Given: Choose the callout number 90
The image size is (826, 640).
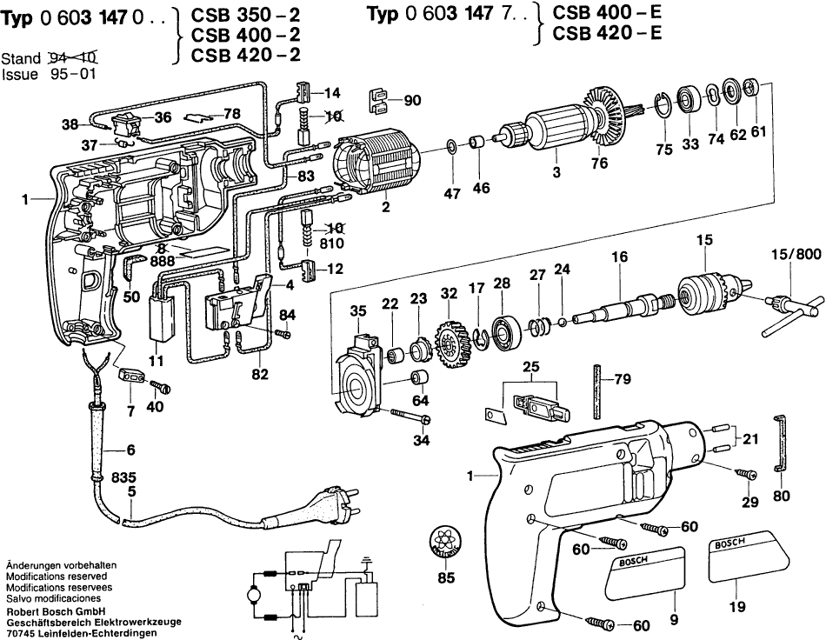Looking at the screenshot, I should (412, 100).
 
